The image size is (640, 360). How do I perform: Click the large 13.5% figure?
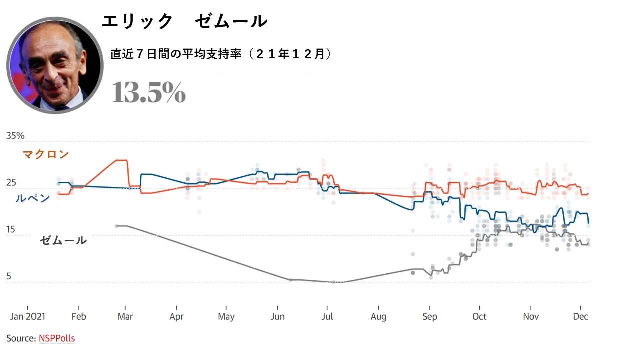tap(149, 92)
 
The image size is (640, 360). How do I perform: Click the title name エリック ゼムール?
tap(184, 21)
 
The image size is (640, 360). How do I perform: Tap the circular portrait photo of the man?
tap(55, 65)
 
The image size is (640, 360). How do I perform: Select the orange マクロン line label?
tap(46, 155)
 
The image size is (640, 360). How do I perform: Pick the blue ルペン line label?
tap(33, 198)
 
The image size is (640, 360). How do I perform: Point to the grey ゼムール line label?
tap(63, 240)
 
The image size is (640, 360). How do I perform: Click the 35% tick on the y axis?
tap(15, 136)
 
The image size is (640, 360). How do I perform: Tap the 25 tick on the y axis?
tap(11, 183)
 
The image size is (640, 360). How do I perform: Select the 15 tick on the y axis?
tap(11, 230)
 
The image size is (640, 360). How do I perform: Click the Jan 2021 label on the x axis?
tap(28, 317)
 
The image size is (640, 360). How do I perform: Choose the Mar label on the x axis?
tap(125, 317)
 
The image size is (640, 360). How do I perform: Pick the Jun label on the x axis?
tap(277, 317)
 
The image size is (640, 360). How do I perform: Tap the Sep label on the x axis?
tap(429, 317)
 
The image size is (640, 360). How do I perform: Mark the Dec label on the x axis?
tap(580, 317)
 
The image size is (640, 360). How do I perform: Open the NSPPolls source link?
tap(57, 338)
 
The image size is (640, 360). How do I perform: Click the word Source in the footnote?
tap(21, 338)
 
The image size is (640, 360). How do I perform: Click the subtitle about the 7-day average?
tap(221, 54)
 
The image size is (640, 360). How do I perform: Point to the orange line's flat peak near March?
tap(122, 160)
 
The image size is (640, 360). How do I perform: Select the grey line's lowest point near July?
tap(334, 282)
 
